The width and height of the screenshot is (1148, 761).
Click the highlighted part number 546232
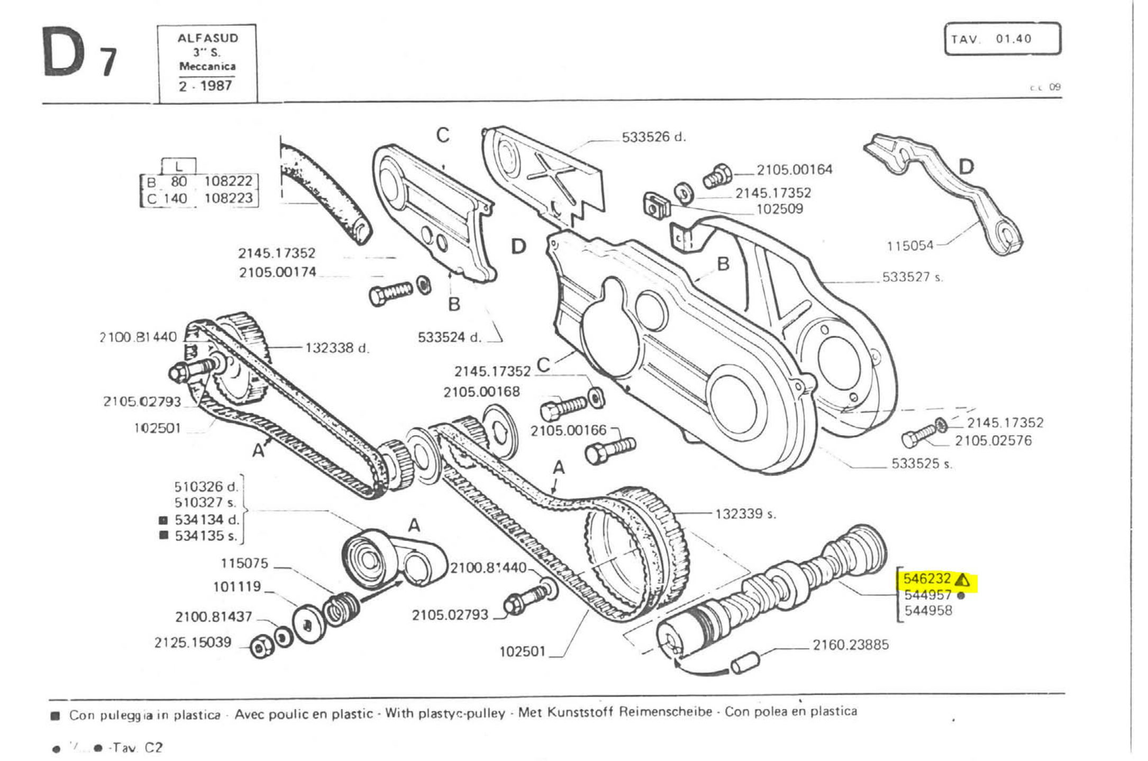[926, 579]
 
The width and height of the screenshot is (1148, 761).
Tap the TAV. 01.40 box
[1002, 39]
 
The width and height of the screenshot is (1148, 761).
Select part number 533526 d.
[653, 137]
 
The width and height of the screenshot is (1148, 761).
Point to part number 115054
[910, 245]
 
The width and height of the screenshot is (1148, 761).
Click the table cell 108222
[228, 181]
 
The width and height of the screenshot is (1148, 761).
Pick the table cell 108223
[228, 198]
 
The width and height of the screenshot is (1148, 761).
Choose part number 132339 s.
[745, 514]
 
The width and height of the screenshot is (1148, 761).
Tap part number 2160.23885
[851, 645]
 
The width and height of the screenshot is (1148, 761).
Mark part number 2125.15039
[193, 643]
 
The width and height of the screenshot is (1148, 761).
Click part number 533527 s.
[913, 277]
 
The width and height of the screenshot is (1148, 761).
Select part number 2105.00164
[794, 170]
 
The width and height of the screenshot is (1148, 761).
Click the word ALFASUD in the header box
[207, 38]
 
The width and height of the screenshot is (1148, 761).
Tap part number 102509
[779, 209]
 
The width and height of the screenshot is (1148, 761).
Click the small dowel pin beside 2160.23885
[745, 663]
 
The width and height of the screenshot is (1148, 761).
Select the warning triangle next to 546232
[963, 580]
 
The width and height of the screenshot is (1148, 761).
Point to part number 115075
[244, 564]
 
